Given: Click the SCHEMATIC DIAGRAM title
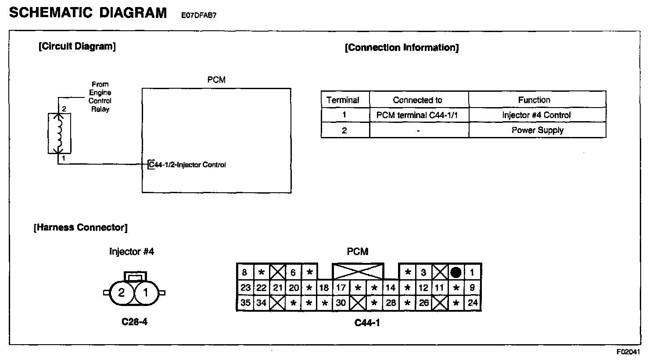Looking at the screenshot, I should (x=88, y=13).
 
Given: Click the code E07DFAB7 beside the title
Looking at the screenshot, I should (x=199, y=15).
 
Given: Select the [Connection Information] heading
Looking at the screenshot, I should (x=402, y=48).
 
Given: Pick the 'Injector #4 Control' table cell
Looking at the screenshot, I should (x=536, y=115).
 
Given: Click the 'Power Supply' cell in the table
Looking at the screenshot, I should (x=537, y=130).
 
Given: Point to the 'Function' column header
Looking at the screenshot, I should (x=534, y=100).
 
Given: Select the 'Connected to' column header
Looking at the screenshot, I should (x=417, y=100).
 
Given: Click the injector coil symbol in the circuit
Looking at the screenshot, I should (x=59, y=133).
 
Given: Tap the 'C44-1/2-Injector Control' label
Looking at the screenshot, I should (x=187, y=165).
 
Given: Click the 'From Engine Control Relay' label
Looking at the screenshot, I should (x=100, y=97).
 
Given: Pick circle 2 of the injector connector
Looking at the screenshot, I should (x=122, y=292).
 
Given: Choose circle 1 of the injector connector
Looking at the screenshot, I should (x=145, y=292).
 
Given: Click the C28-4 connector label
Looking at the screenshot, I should (x=134, y=322).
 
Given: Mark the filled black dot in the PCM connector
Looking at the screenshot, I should (x=456, y=273).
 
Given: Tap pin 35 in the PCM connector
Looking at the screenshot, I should (x=245, y=303).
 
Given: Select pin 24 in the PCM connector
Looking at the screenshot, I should (x=473, y=303).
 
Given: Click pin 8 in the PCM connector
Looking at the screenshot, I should (x=245, y=273).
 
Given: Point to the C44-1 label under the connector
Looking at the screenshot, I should (x=367, y=323).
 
